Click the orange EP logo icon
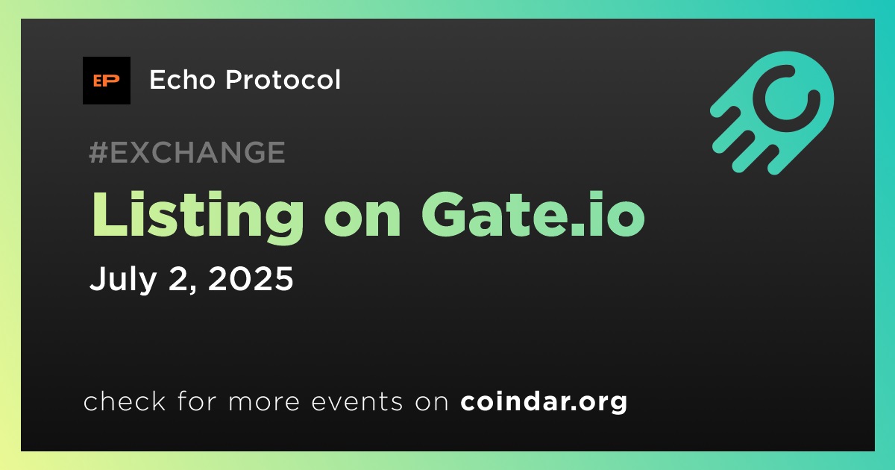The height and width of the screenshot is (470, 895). click(x=106, y=81)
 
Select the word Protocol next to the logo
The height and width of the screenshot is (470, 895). click(x=283, y=79)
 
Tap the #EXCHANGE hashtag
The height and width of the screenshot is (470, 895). click(x=187, y=152)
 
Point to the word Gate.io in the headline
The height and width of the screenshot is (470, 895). click(x=533, y=215)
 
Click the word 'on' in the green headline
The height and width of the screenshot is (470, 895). click(x=362, y=221)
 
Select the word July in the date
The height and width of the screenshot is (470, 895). click(x=123, y=279)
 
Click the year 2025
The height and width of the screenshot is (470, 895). click(x=251, y=278)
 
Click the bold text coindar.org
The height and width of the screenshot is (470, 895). click(x=544, y=402)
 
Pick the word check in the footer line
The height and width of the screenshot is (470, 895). click(x=125, y=401)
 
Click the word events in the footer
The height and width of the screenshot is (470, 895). click(x=357, y=402)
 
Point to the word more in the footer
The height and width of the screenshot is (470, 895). click(x=264, y=402)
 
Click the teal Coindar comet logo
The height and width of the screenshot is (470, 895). click(x=772, y=113)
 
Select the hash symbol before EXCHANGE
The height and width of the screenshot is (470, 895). click(x=98, y=152)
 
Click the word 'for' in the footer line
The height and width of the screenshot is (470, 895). click(x=197, y=401)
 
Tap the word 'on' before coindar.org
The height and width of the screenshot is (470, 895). click(x=432, y=402)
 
